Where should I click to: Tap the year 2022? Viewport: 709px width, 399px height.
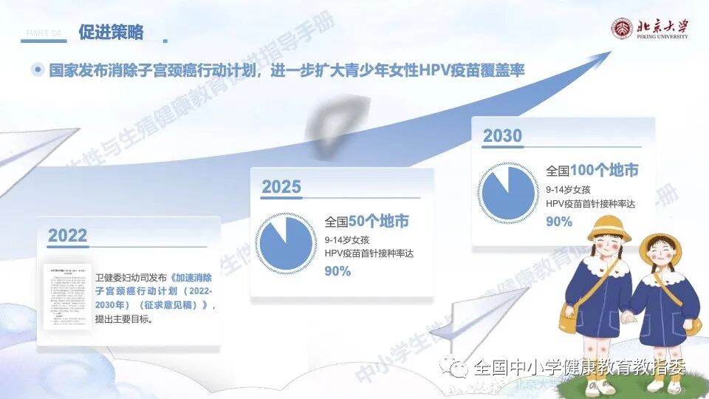pos(68,236)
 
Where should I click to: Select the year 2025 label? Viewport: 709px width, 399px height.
pos(281,187)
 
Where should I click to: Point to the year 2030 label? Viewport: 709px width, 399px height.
pos(502,136)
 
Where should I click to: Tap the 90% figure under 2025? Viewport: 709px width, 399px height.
pos(338,271)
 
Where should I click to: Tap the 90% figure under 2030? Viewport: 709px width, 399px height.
pos(559,221)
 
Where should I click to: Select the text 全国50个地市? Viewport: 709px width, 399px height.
pos(367,222)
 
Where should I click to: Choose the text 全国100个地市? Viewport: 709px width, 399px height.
pos(592,171)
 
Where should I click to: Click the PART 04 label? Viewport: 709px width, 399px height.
pos(47,33)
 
